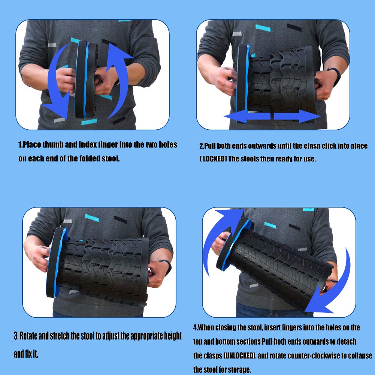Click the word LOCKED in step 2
pos(214,159)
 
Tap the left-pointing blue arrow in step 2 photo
pos(247,116)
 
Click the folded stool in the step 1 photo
pos(85,79)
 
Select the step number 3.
pos(16,336)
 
